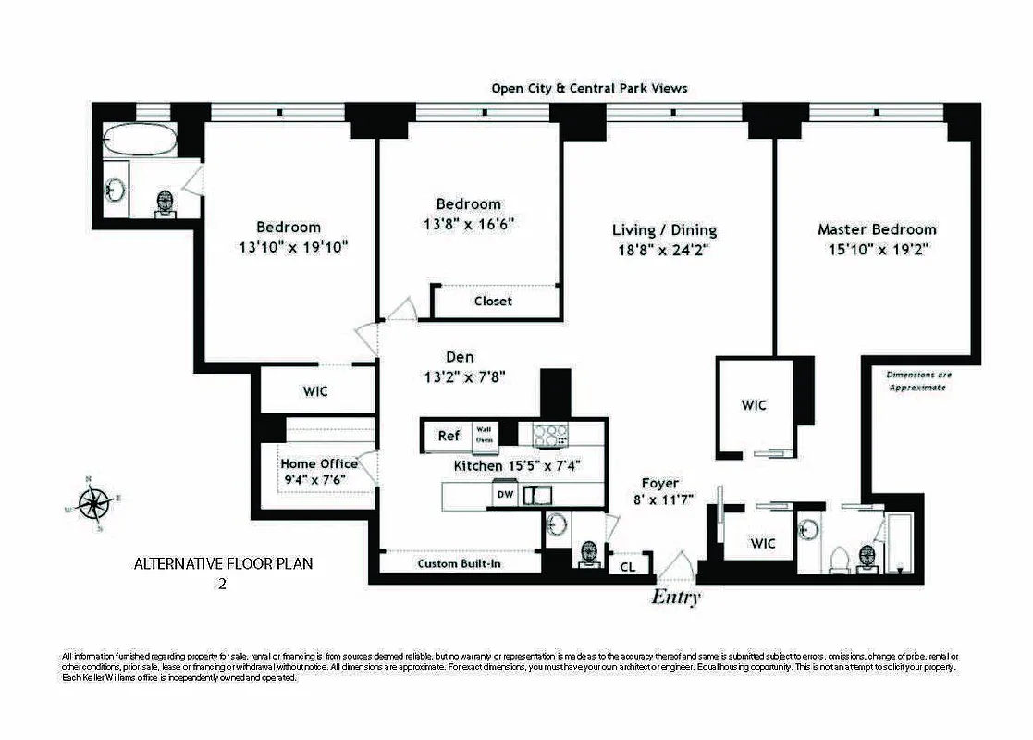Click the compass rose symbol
93,504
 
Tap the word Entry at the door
676,597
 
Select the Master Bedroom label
876,229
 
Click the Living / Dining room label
664,230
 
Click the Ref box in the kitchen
449,436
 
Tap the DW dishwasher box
504,495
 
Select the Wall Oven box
485,435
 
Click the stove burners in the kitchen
548,434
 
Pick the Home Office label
319,463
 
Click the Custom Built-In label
460,563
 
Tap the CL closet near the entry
627,566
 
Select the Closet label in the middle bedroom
493,301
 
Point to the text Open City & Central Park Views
589,88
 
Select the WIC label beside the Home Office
315,391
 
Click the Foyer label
660,483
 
